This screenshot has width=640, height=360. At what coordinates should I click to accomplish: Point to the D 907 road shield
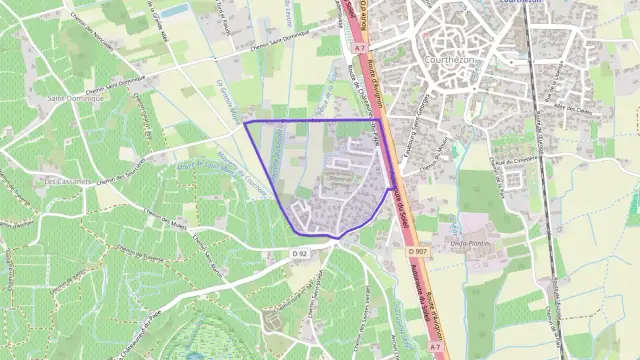click(x=418, y=249)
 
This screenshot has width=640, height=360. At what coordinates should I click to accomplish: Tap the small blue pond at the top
click(x=174, y=10)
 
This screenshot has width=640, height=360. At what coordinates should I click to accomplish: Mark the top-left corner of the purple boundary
click(x=245, y=123)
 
